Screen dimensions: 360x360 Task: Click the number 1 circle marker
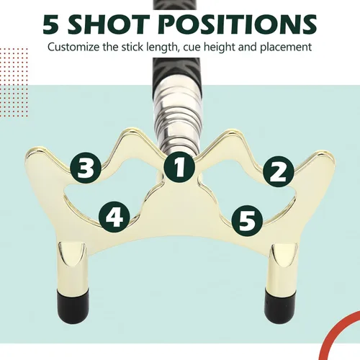click(179, 167)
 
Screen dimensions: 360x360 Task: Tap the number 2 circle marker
click(279, 171)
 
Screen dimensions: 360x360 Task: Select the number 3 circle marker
click(86, 168)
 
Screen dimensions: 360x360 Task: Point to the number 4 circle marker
click(114, 217)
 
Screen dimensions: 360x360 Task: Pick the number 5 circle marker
click(247, 221)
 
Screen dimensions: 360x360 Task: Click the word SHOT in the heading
click(108, 24)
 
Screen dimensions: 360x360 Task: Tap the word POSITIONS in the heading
click(238, 24)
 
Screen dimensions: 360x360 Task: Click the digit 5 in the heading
click(50, 24)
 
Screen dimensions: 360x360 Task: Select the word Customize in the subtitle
click(73, 47)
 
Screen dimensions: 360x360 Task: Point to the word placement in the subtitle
click(286, 48)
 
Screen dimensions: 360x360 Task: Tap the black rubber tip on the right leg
click(280, 303)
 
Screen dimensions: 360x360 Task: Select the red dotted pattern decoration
click(14, 82)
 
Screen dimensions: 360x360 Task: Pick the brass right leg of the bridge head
click(282, 266)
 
